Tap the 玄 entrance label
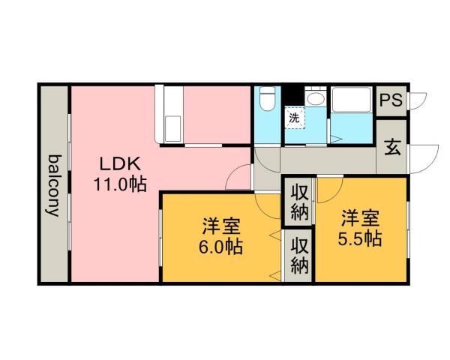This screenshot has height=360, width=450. [391, 146]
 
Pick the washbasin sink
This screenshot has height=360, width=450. [316, 99]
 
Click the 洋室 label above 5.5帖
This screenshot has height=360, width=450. [361, 219]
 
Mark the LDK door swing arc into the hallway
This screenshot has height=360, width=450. [240, 177]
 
